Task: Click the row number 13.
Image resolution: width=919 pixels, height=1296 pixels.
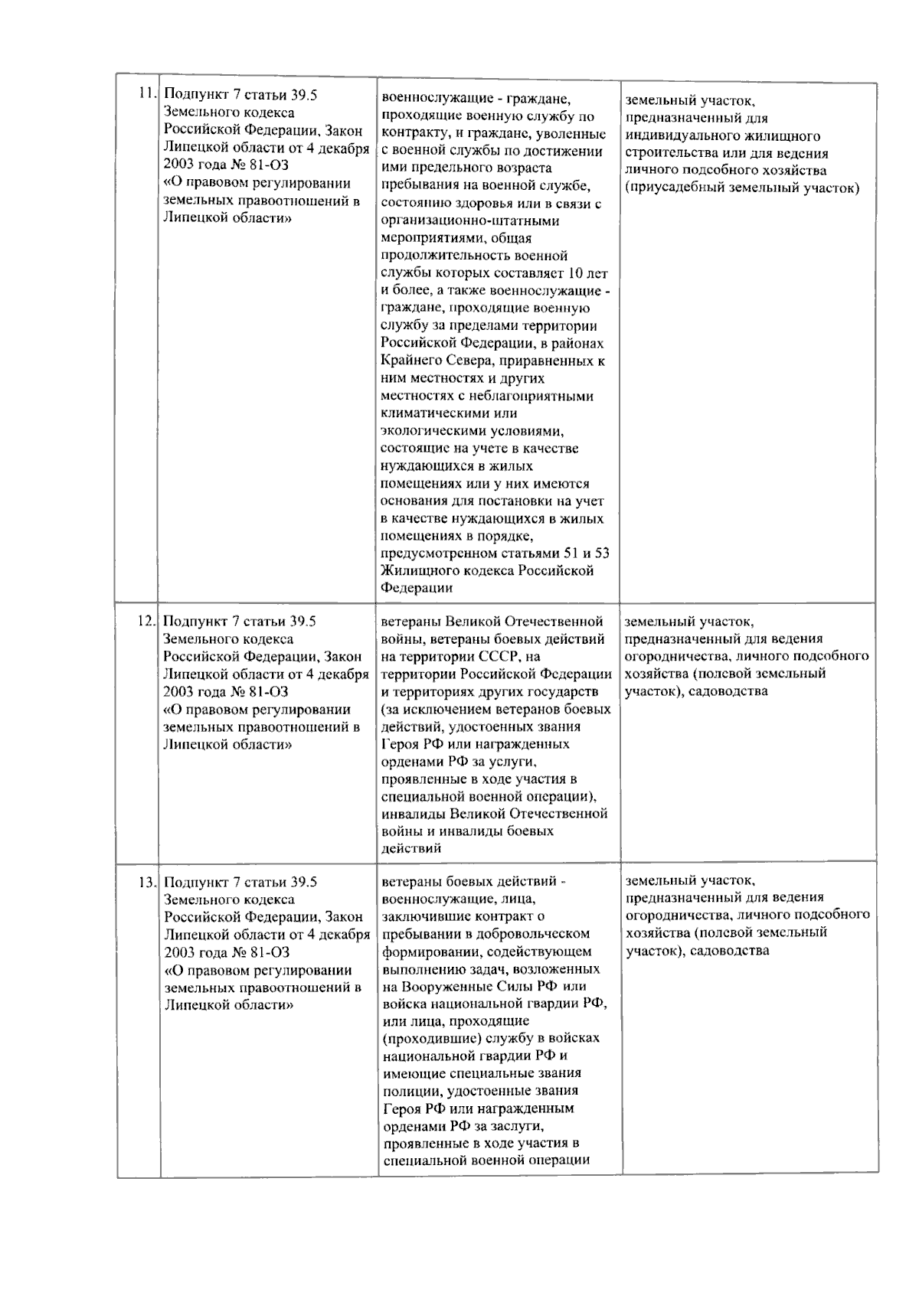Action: tap(146, 882)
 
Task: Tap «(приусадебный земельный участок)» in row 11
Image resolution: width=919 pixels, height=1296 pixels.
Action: tap(741, 188)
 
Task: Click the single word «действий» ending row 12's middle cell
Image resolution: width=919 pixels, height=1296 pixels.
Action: tap(410, 849)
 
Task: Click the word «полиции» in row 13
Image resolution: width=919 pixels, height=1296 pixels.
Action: tap(406, 1091)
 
